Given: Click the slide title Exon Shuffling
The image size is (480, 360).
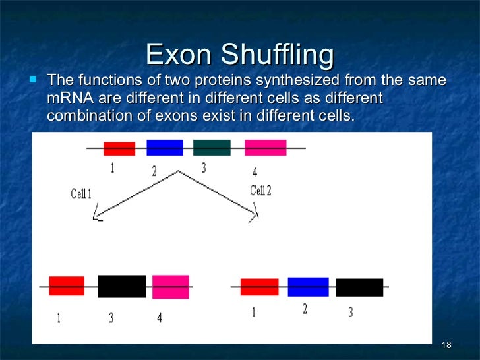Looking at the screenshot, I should [x=239, y=54].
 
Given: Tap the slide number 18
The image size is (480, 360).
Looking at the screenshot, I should [x=446, y=346].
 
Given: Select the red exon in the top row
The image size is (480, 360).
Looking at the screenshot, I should [x=119, y=149].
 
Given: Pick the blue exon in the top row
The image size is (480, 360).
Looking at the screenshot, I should [x=164, y=148].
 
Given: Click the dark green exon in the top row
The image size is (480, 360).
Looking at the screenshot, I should [x=212, y=148].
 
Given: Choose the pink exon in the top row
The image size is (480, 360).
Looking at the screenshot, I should [x=265, y=148].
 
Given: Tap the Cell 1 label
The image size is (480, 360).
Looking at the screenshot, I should [x=81, y=194].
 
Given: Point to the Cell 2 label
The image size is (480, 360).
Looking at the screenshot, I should [x=261, y=191].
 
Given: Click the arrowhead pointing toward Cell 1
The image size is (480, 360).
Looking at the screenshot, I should [x=97, y=216].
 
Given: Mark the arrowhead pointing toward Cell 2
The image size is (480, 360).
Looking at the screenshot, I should [x=255, y=212].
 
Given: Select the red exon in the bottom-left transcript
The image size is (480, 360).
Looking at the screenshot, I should [x=67, y=285].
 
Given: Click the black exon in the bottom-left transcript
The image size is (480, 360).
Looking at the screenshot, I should [x=122, y=286].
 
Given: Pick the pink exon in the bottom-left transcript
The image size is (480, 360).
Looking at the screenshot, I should [x=170, y=287].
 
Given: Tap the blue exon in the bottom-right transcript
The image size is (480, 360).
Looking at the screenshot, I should [x=308, y=287].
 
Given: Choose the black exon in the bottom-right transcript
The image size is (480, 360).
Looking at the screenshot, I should [x=359, y=287].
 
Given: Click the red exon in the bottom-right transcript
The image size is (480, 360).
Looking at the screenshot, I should [x=259, y=287].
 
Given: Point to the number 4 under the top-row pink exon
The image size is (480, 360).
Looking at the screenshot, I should [x=255, y=173].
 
